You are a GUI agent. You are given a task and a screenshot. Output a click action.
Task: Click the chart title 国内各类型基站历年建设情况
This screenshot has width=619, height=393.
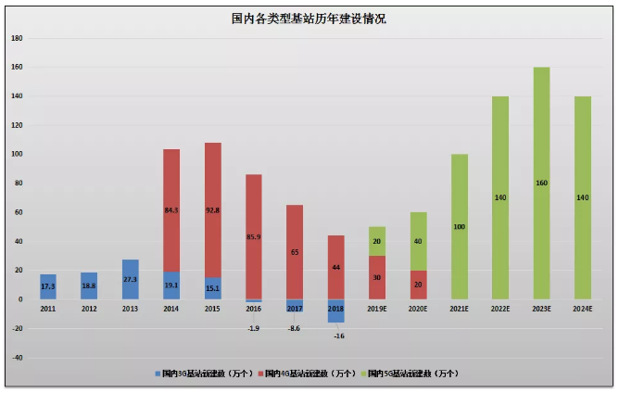click(309, 19)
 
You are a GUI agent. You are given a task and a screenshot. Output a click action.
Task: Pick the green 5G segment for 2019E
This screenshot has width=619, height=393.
click(376, 240)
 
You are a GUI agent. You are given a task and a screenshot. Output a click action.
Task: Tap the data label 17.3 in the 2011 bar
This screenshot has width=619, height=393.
click(48, 286)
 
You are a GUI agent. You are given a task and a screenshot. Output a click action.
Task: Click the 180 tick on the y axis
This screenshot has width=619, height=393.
click(17, 38)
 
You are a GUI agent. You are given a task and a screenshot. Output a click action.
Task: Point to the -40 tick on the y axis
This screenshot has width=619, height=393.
click(17, 357)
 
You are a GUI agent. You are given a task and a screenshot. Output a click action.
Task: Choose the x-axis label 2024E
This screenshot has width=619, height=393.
click(582, 308)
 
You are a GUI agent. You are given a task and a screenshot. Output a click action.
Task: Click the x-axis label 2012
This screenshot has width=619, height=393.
click(89, 308)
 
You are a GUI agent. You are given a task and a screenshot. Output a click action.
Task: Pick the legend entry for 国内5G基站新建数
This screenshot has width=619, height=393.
click(413, 374)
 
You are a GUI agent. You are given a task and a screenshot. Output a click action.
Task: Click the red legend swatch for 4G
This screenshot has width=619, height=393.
click(261, 374)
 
